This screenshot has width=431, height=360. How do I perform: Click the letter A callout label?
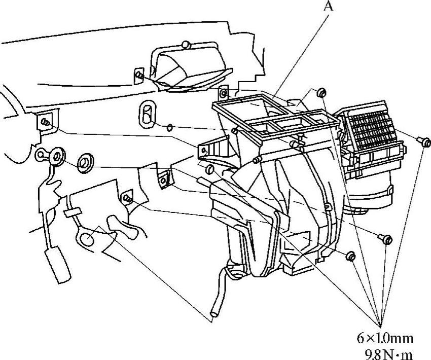coord(328,6)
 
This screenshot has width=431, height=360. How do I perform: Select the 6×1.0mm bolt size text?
coord(385,338)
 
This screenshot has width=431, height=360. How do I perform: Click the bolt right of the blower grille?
coord(424,142)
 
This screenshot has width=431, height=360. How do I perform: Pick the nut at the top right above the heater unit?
coord(321,93)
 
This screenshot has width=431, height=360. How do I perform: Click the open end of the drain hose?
coord(213,314)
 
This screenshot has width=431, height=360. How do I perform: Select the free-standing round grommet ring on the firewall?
coord(85,164)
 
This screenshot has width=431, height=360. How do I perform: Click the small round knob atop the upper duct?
coord(187,45)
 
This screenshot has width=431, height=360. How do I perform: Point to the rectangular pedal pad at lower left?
coord(58,265)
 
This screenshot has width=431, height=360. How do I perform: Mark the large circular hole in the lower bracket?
coord(87,239)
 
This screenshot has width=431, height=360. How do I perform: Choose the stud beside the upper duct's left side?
coord(139,75)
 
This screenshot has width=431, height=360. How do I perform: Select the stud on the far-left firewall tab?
coord(46,122)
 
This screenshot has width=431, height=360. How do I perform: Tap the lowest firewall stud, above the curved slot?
coord(127,198)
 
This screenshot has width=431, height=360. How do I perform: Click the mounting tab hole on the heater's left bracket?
coord(204,150)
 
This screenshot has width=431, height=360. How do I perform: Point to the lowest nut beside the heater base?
coord(351,257)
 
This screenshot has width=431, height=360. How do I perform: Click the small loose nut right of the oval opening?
coord(170,127)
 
